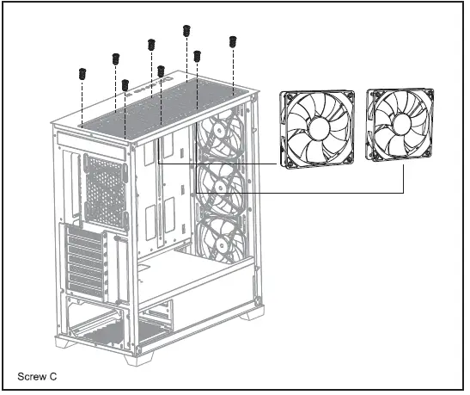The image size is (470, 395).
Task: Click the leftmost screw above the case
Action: [x=82, y=72]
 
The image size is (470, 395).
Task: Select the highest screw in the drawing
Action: [x=186, y=30]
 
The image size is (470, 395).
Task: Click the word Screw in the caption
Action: [x=32, y=377]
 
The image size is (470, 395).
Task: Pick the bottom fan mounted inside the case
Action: [x=223, y=238]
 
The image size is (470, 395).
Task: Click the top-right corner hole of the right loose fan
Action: [x=430, y=90]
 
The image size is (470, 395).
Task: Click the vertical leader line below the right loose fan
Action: [x=406, y=179]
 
